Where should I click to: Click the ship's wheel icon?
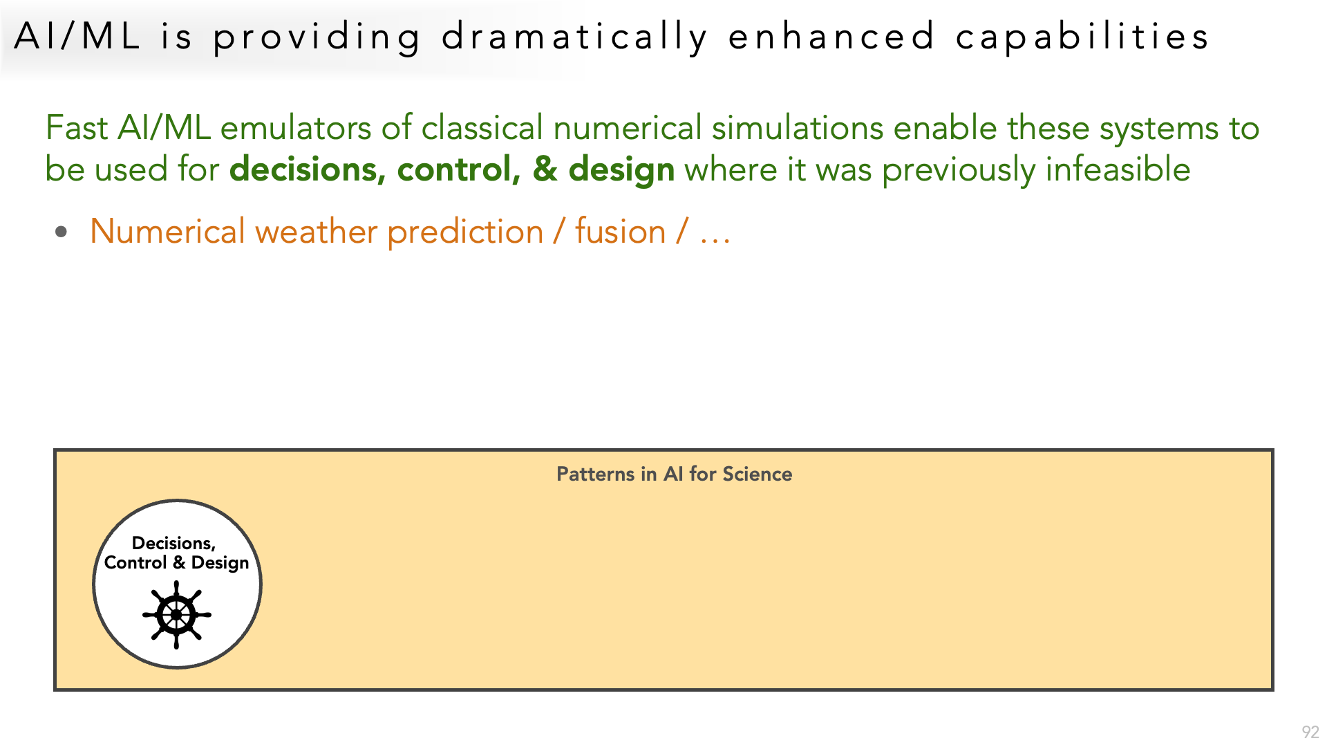(177, 614)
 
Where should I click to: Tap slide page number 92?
(1310, 732)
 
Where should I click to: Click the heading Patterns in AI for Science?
(674, 474)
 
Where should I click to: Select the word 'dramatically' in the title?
(575, 37)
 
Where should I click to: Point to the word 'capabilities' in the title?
(1082, 37)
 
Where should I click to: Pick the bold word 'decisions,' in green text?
(308, 169)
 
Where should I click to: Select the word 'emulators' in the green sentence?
(296, 128)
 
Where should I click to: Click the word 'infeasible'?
(1118, 169)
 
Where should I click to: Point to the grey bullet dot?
(62, 232)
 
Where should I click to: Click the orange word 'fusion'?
(620, 232)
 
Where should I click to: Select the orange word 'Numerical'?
(167, 232)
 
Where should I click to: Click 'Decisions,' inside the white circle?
(173, 544)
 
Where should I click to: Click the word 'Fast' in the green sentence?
(77, 128)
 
